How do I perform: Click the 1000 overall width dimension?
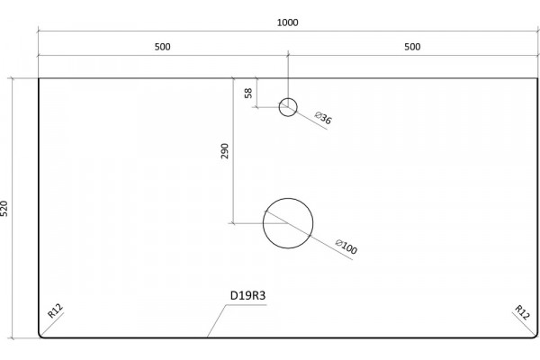click(288, 22)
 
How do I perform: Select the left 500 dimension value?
click(162, 47)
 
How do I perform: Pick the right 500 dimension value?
click(412, 47)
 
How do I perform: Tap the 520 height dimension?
click(4, 209)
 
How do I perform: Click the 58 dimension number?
click(248, 93)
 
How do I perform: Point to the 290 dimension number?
click(224, 151)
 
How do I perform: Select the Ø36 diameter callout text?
click(323, 118)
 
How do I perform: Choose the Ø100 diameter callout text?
click(346, 247)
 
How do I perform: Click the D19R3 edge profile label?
click(248, 295)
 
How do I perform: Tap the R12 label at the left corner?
click(55, 310)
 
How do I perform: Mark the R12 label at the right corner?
click(522, 312)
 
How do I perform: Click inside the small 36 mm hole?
click(288, 107)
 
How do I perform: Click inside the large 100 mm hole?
click(288, 223)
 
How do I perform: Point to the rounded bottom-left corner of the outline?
click(40, 337)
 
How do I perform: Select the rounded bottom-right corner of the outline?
click(535, 337)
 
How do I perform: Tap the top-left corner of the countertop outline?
click(39, 78)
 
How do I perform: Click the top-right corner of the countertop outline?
click(537, 78)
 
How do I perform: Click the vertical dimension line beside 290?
click(233, 151)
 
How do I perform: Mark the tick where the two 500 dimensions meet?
click(288, 55)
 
